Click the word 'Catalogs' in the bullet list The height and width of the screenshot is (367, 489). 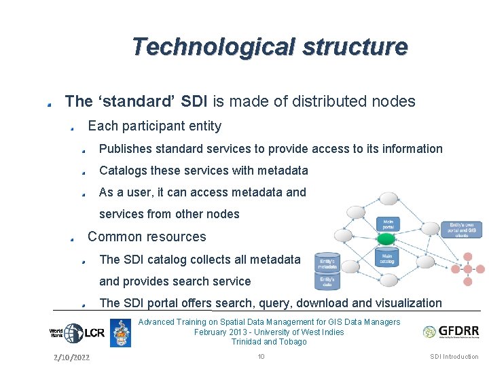123,171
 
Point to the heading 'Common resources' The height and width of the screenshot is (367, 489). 147,237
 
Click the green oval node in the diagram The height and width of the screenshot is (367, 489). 386,239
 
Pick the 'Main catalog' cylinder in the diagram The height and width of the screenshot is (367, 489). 386,258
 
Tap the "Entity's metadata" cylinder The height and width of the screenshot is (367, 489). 327,263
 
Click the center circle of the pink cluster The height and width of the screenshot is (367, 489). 467,269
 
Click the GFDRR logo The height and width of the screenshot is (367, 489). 450,332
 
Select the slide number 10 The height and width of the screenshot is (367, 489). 261,357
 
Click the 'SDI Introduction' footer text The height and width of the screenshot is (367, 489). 454,357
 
